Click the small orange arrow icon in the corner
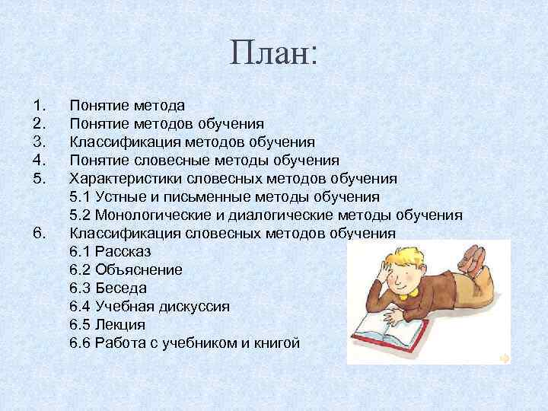point(504,357)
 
